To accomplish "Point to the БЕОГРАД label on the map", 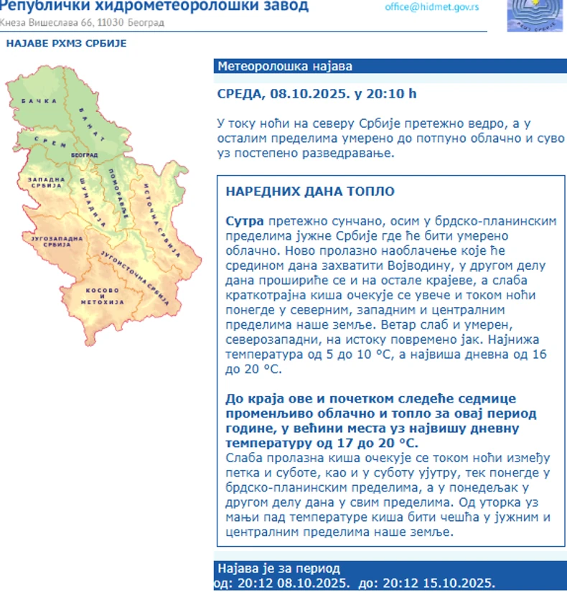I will click(85, 155).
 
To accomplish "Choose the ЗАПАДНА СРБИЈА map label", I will click(42, 183).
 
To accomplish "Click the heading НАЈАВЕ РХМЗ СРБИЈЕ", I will click(66, 43).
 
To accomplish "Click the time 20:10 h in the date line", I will click(391, 94).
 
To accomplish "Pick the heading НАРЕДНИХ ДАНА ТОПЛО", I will click(309, 192).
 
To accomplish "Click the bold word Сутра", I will click(240, 222).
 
